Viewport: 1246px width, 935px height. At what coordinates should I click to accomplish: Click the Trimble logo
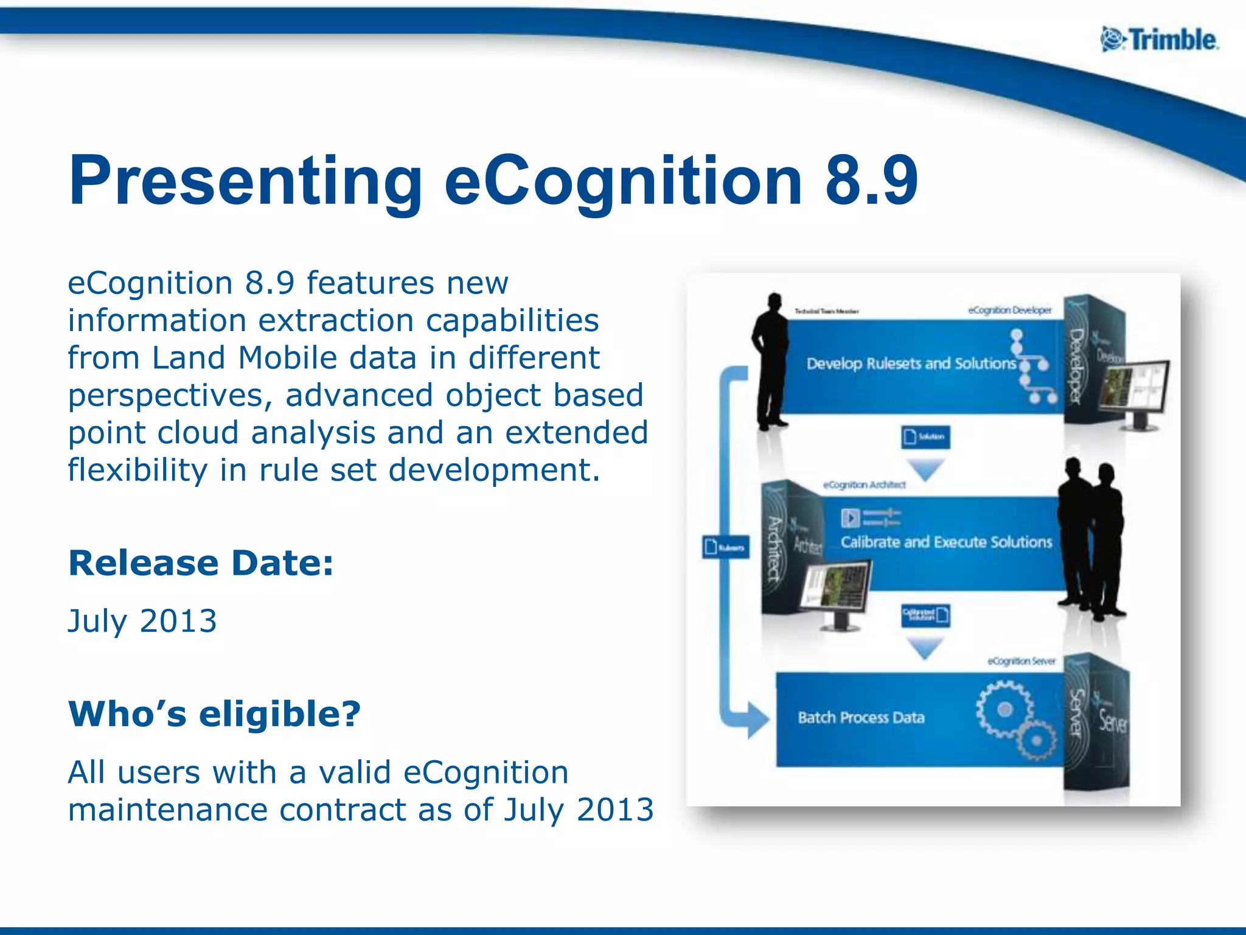pyautogui.click(x=1159, y=40)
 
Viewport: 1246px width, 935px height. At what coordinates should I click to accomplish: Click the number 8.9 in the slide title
pyautogui.click(x=871, y=181)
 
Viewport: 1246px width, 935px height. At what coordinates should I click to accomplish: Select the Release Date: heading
pyautogui.click(x=201, y=563)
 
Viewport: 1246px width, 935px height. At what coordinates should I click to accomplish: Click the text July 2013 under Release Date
pyautogui.click(x=142, y=621)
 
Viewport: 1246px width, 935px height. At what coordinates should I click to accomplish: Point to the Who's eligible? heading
pyautogui.click(x=214, y=713)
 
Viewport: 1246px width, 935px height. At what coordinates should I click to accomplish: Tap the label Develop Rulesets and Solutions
pyautogui.click(x=911, y=364)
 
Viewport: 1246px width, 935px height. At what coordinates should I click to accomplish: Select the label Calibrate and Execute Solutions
pyautogui.click(x=946, y=542)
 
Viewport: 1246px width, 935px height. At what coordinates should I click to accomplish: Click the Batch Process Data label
pyautogui.click(x=861, y=718)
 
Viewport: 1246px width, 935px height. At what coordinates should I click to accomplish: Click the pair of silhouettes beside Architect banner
pyautogui.click(x=1091, y=539)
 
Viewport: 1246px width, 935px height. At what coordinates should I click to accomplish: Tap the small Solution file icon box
pyautogui.click(x=925, y=436)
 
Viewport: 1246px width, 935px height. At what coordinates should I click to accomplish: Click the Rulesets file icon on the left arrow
pyautogui.click(x=725, y=547)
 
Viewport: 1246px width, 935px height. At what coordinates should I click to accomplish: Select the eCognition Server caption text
pyautogui.click(x=1021, y=661)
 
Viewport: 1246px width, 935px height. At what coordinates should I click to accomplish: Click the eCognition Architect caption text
pyautogui.click(x=864, y=485)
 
